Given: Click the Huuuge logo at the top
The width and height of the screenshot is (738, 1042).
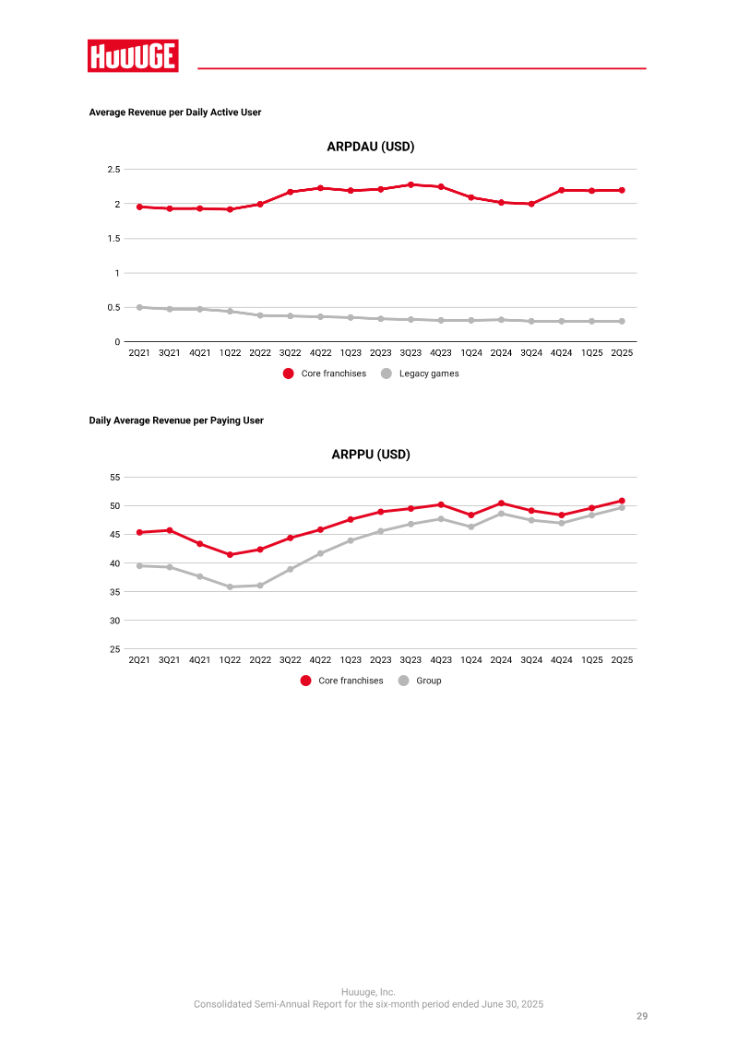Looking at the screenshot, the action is [x=133, y=56].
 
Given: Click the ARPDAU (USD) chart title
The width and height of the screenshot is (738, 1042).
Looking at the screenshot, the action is [x=370, y=147].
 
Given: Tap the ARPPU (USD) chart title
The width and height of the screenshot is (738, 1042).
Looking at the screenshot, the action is [x=370, y=455].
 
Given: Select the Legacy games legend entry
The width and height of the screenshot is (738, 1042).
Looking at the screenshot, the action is [x=420, y=373].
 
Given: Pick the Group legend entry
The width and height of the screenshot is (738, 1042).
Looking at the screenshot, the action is [x=420, y=681].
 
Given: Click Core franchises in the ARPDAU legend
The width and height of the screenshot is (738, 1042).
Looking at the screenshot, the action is [x=325, y=373].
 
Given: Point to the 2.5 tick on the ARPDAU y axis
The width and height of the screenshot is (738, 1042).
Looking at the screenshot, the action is [x=113, y=170].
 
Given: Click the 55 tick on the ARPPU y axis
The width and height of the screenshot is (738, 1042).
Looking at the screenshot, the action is [x=115, y=477].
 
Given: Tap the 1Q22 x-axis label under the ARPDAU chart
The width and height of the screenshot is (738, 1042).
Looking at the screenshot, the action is [x=230, y=353].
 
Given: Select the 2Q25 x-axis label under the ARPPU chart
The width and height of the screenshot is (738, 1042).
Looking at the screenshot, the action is [x=622, y=660].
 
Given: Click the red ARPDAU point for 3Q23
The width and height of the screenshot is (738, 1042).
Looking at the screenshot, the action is [x=411, y=184].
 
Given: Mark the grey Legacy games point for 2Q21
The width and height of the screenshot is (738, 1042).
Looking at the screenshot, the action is [x=139, y=308].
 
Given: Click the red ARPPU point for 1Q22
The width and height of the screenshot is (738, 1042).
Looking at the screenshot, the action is [x=230, y=555].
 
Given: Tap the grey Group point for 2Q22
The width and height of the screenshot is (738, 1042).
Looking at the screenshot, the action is [x=260, y=586].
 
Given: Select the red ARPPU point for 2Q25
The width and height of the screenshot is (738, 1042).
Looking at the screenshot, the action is [x=622, y=501].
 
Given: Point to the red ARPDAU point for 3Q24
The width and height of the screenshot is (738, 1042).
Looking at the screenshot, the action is [x=531, y=204].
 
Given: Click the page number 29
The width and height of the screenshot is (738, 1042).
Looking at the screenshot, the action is [x=641, y=1016].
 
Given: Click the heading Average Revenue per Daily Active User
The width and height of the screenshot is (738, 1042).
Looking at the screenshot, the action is [x=175, y=112].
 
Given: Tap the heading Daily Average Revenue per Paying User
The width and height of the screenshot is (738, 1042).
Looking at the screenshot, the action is [x=176, y=420].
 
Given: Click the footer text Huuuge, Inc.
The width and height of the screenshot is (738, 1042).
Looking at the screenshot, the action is [x=368, y=992].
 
